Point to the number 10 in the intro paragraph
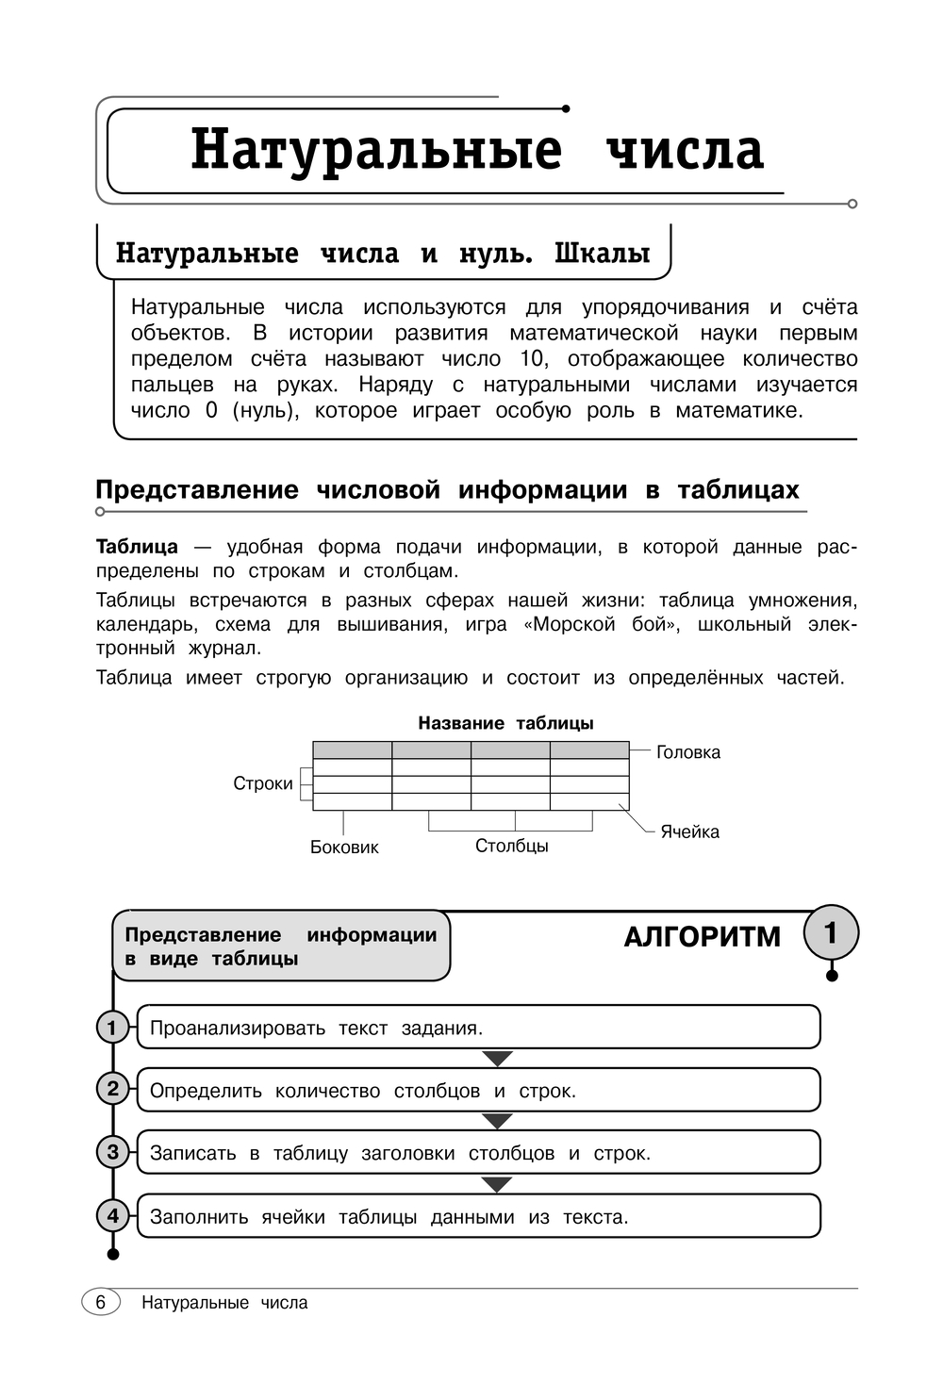pyautogui.click(x=532, y=359)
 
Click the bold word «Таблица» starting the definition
pyautogui.click(x=137, y=547)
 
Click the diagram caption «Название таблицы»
pyautogui.click(x=505, y=724)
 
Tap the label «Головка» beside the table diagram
pyautogui.click(x=688, y=752)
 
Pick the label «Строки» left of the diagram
pyautogui.click(x=263, y=783)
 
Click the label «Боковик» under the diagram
pyautogui.click(x=344, y=848)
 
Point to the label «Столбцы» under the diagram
pyautogui.click(x=511, y=846)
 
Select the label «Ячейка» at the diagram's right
pyautogui.click(x=689, y=831)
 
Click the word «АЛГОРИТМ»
pyautogui.click(x=703, y=937)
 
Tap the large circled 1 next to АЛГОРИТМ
pyautogui.click(x=831, y=933)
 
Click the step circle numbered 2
pyautogui.click(x=113, y=1090)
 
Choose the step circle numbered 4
pyautogui.click(x=113, y=1216)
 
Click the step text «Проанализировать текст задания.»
pyautogui.click(x=316, y=1029)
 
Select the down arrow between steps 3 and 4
pyautogui.click(x=497, y=1184)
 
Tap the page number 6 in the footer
pyautogui.click(x=101, y=1302)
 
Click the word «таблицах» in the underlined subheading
pyautogui.click(x=737, y=490)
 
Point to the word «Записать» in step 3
pyautogui.click(x=193, y=1154)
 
